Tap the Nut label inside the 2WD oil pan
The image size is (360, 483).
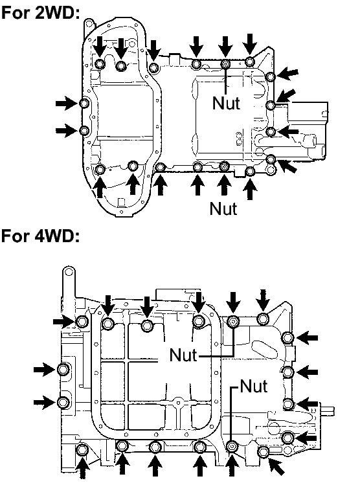pos(226,103)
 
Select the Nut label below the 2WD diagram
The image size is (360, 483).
pos(223,208)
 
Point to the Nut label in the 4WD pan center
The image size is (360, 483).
pos(183,355)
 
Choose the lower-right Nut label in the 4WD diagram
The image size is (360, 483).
pos(254,386)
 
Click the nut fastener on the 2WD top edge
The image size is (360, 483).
pos(226,63)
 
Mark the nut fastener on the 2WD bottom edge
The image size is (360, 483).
pos(225,166)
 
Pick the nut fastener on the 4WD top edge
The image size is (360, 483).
pos(233,322)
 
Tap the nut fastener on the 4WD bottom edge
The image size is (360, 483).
pos(232,446)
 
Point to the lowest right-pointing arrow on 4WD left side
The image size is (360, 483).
pos(45,402)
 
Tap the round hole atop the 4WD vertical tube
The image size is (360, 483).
pos(69,272)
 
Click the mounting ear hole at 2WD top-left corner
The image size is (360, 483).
pos(89,23)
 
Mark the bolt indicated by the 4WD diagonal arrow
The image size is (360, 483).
pos(264,452)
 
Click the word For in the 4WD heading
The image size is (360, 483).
pos(16,236)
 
